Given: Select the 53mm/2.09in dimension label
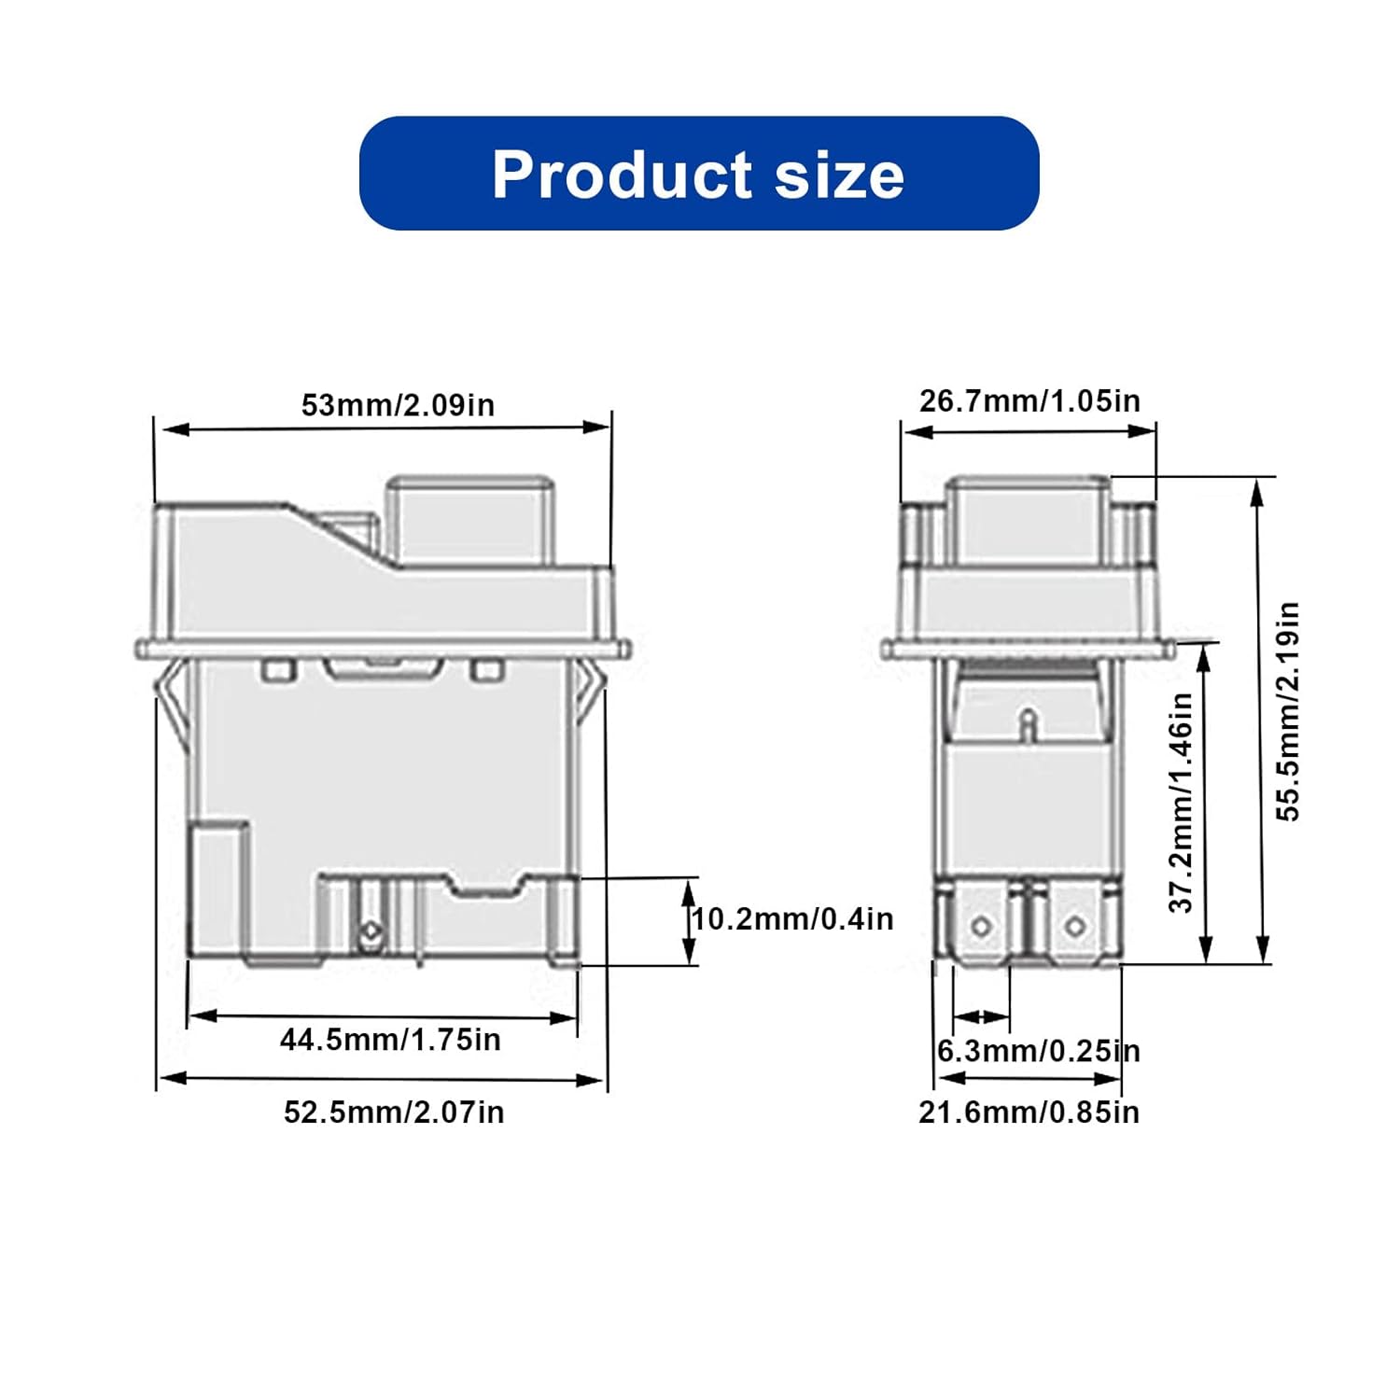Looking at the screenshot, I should tap(398, 405).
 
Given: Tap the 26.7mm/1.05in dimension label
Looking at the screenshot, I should tap(1029, 400).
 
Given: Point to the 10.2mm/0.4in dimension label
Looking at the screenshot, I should tap(792, 919).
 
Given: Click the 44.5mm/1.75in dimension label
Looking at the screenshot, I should tap(390, 1040).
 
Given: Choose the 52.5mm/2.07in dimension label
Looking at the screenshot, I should tap(394, 1113).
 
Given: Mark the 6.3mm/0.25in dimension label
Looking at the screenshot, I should tap(1038, 1051).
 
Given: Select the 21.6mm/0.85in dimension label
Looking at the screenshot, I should tap(1029, 1113).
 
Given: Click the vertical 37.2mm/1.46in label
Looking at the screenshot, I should tap(1182, 803).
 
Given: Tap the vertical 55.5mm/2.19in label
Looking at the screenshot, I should tap(1288, 711).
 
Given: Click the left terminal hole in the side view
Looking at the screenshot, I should tap(981, 927).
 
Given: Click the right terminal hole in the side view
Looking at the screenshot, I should tap(1075, 927).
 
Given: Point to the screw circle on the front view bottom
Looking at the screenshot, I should tap(371, 931).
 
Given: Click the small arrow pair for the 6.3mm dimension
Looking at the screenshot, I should tap(981, 1016).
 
